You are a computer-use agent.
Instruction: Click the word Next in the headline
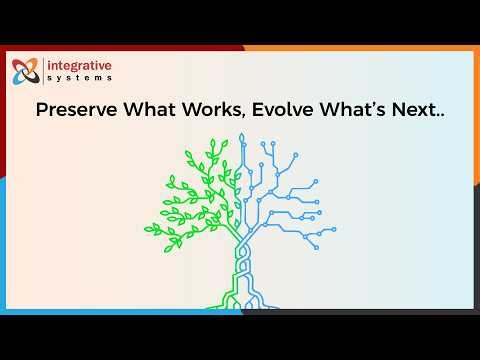coord(413,110)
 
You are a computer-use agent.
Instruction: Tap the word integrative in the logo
coord(81,66)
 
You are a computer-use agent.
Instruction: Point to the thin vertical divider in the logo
coord(44,72)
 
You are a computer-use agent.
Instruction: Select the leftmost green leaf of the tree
coord(151,228)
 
